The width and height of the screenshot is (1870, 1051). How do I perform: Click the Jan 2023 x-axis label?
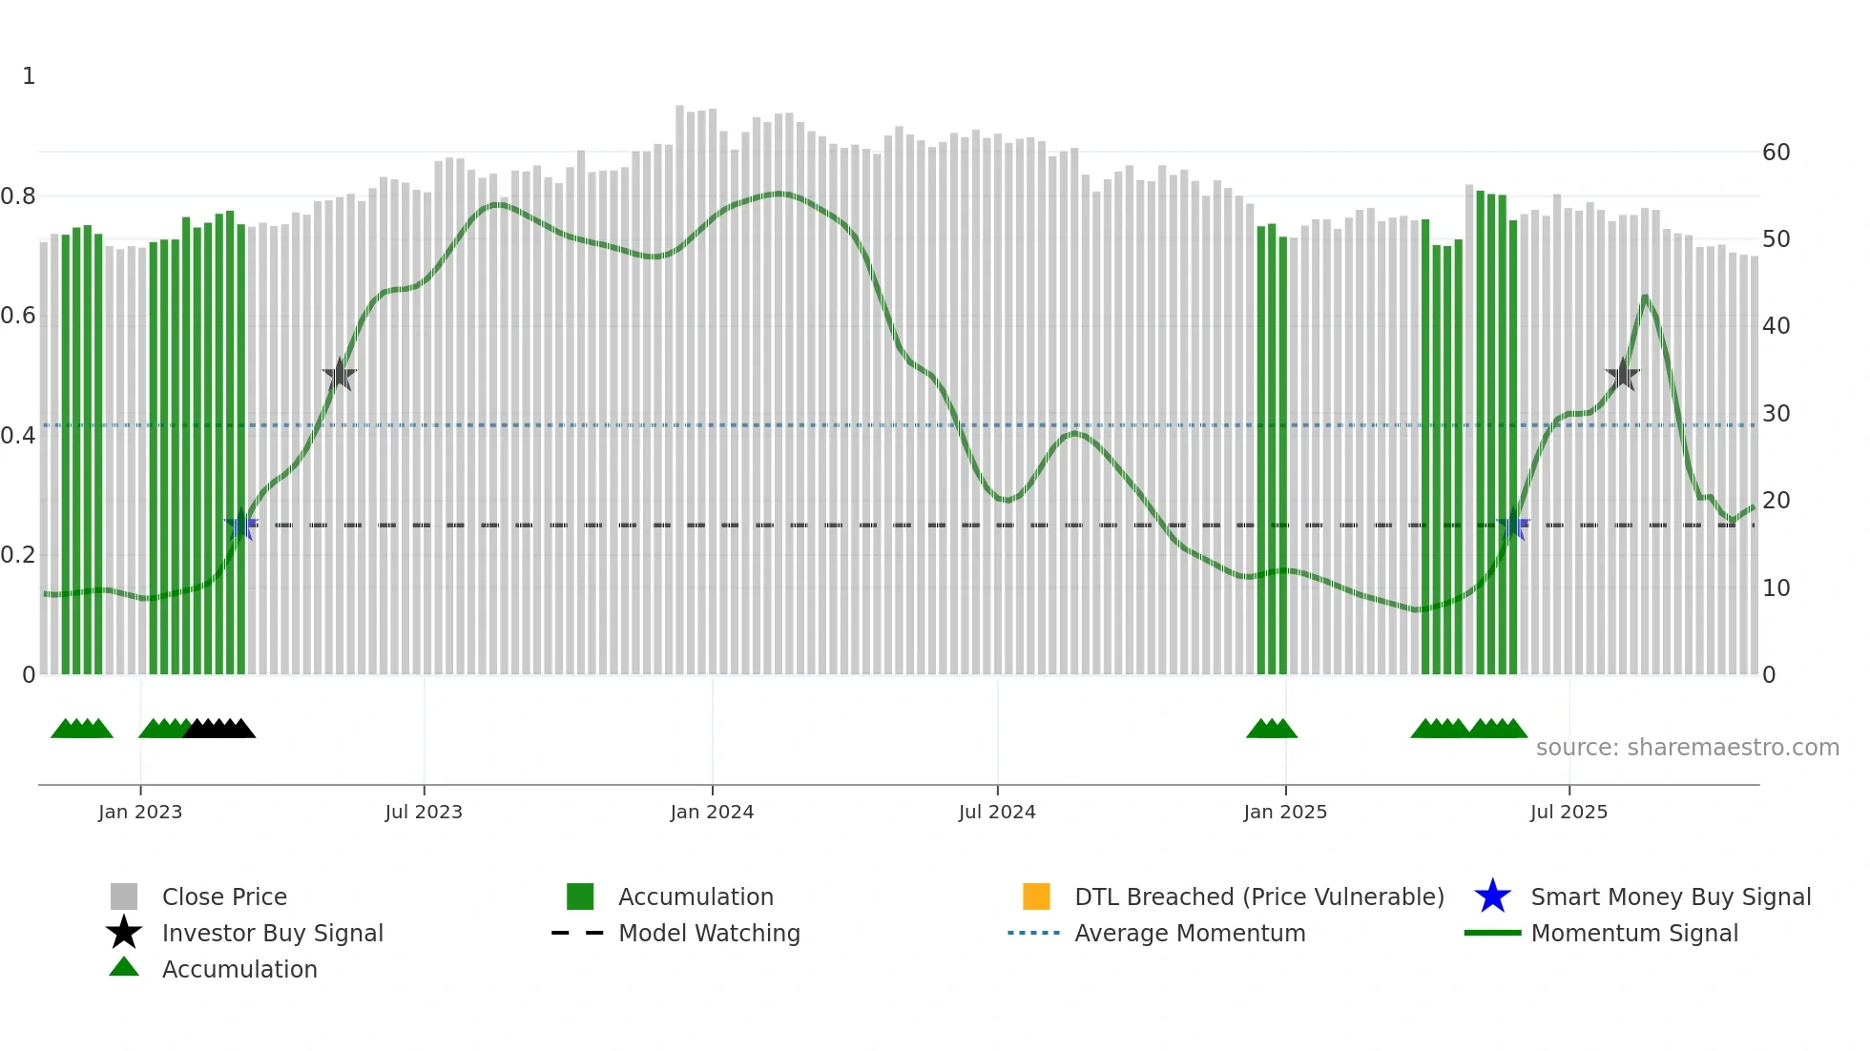click(140, 812)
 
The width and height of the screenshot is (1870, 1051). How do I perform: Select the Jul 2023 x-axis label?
click(424, 812)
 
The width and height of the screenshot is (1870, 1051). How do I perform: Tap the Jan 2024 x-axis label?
click(712, 812)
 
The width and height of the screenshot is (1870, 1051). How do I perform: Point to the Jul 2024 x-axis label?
click(997, 812)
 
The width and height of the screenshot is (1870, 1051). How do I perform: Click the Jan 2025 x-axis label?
click(1285, 812)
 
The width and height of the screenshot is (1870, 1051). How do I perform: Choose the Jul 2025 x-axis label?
click(1569, 812)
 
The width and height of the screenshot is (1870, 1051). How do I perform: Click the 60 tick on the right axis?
click(1776, 153)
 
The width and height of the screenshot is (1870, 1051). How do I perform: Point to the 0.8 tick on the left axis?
click(19, 196)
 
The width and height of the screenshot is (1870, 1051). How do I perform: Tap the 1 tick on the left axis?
click(29, 76)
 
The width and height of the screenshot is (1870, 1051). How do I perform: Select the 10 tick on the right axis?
click(1776, 588)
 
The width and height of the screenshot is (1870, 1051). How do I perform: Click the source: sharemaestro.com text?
click(1687, 748)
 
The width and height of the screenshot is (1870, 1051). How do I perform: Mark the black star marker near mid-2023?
click(339, 375)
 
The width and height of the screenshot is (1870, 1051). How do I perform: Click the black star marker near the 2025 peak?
click(1622, 375)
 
